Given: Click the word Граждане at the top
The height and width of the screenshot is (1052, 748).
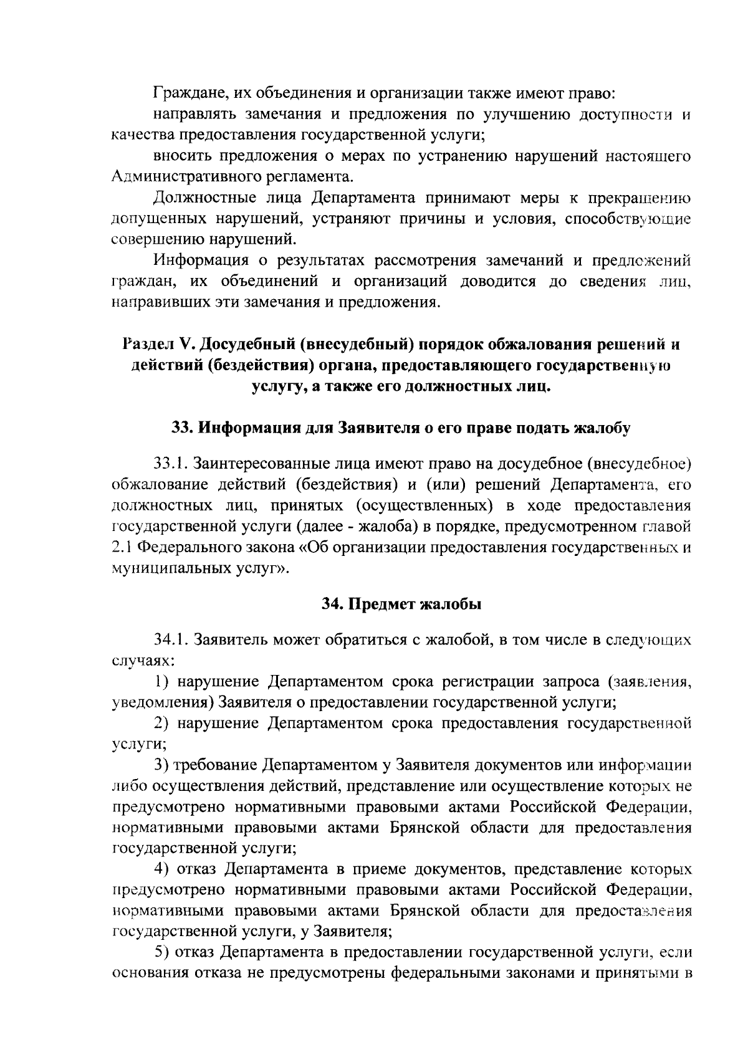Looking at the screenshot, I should pyautogui.click(x=184, y=93).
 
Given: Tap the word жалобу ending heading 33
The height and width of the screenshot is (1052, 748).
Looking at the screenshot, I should pyautogui.click(x=602, y=428).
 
